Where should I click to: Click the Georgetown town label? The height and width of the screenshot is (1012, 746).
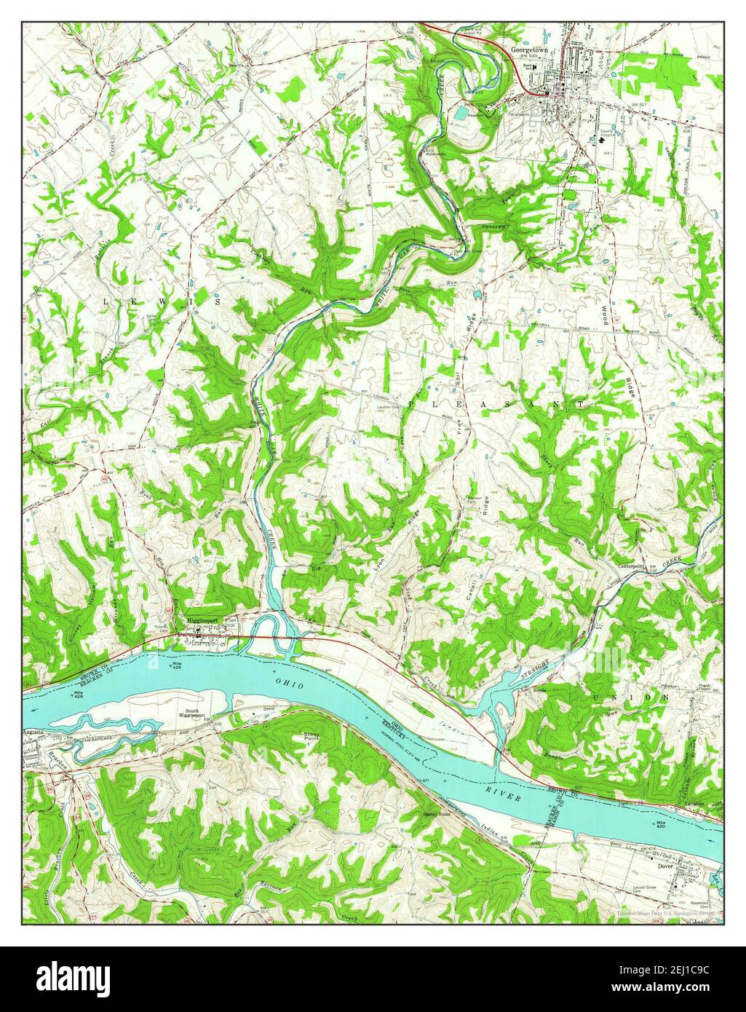coord(528,50)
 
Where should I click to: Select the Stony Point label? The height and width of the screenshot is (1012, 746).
coord(312,736)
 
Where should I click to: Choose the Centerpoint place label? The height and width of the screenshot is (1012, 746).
coord(632,565)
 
